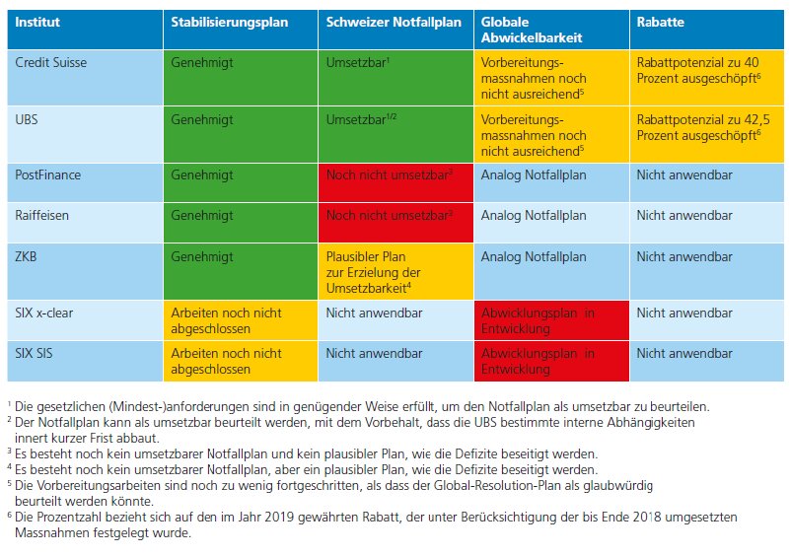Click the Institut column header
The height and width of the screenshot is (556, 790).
pyautogui.click(x=37, y=22)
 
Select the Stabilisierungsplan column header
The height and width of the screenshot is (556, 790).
pyautogui.click(x=229, y=23)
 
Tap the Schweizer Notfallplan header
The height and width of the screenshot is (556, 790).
pyautogui.click(x=394, y=23)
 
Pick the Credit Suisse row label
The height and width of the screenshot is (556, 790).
pyautogui.click(x=51, y=62)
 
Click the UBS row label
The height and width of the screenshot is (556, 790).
pyautogui.click(x=27, y=120)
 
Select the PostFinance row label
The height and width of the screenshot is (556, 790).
pyautogui.click(x=48, y=175)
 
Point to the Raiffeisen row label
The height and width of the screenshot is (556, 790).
pyautogui.click(x=41, y=216)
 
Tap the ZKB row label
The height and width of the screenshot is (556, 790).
pyautogui.click(x=26, y=257)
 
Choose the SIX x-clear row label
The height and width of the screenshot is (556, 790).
pyautogui.click(x=43, y=313)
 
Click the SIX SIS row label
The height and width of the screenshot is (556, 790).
pyautogui.click(x=34, y=354)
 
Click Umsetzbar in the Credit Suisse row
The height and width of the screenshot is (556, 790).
pyautogui.click(x=356, y=63)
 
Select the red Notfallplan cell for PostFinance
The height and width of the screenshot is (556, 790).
pyautogui.click(x=396, y=182)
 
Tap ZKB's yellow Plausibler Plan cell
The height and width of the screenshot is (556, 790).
pyautogui.click(x=396, y=271)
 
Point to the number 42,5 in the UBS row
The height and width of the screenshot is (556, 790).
pyautogui.click(x=756, y=120)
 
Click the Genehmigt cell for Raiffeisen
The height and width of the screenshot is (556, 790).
pyautogui.click(x=241, y=222)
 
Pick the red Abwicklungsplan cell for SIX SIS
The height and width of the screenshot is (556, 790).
pyautogui.click(x=551, y=361)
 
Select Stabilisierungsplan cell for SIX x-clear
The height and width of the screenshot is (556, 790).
pyautogui.click(x=241, y=320)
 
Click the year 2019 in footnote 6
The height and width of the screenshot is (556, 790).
pyautogui.click(x=279, y=518)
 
